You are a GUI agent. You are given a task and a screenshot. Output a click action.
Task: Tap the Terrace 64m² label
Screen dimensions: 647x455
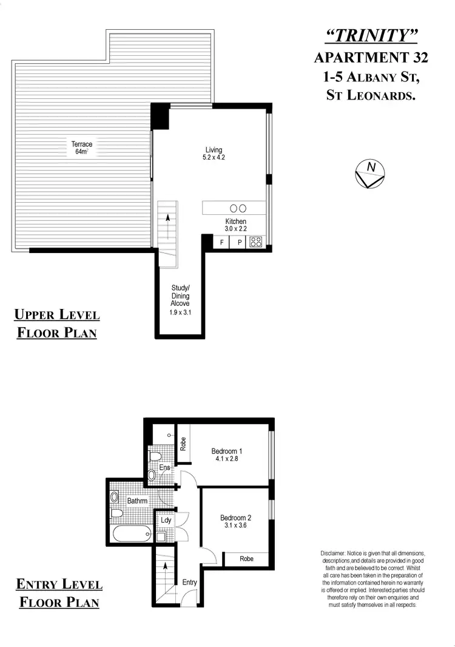tap(82, 148)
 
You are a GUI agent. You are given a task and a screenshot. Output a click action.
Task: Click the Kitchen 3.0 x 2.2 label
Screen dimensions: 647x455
tap(235, 225)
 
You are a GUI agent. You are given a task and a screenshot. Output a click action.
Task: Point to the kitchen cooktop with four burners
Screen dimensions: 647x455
tap(255, 242)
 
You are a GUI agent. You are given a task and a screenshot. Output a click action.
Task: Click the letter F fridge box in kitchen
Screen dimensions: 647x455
tap(222, 243)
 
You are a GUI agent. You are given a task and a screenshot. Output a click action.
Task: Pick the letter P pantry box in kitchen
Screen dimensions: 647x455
tap(240, 243)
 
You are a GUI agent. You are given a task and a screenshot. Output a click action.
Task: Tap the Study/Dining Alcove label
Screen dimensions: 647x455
tap(181, 300)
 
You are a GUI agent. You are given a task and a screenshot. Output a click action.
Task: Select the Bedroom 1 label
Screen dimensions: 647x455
tap(227, 455)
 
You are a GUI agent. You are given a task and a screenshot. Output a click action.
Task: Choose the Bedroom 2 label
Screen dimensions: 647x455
tap(235, 522)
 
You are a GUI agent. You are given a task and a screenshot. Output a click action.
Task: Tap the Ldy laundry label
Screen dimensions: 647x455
tap(166, 520)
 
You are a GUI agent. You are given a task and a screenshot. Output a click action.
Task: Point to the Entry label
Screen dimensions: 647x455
tap(190, 582)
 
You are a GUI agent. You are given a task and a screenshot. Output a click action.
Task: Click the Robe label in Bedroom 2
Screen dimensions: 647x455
tap(246, 558)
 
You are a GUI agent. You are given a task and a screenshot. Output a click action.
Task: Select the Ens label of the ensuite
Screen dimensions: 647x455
tap(164, 467)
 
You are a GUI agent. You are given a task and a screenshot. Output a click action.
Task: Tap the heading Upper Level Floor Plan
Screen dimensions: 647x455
tap(56, 323)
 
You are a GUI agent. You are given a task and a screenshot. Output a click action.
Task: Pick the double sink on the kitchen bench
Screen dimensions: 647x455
tap(238, 208)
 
